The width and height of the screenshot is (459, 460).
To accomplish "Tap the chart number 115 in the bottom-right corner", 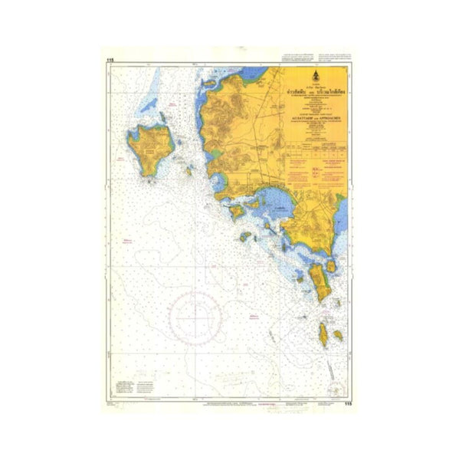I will (349, 404).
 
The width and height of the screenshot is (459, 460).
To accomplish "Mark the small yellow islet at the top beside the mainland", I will (208, 79).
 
